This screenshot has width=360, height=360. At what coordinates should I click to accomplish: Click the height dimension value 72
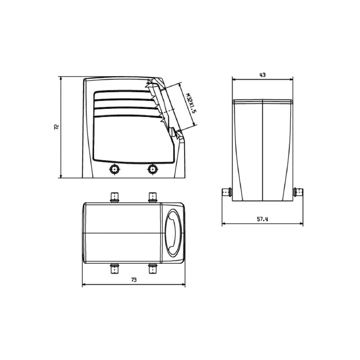coord(56,127)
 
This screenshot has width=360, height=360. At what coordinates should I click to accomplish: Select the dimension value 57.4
coord(262,219)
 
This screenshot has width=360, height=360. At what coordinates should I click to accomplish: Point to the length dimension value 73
coord(134,280)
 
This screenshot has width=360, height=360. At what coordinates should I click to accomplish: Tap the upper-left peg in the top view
coord(115,197)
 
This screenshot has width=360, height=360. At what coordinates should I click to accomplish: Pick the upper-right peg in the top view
coord(153,197)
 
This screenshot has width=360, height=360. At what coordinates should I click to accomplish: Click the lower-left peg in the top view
coord(115,269)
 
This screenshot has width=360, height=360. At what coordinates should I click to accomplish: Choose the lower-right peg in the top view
coord(153,269)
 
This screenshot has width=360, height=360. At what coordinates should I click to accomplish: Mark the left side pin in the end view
coord(227,192)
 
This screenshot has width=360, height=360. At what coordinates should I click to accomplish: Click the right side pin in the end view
coord(298,192)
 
